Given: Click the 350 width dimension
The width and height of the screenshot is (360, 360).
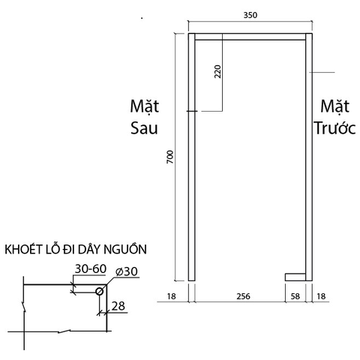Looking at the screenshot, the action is pyautogui.click(x=250, y=15).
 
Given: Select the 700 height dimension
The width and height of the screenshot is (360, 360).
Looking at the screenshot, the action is pyautogui.click(x=170, y=157).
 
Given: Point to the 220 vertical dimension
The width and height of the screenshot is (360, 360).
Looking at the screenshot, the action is pyautogui.click(x=218, y=71).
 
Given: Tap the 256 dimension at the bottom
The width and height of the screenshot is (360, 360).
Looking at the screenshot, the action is pyautogui.click(x=243, y=296).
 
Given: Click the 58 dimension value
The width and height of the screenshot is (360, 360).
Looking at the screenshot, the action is pyautogui.click(x=295, y=296).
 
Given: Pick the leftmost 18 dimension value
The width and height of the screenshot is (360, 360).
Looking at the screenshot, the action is pyautogui.click(x=171, y=296).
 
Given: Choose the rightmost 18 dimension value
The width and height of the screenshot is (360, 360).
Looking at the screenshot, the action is pyautogui.click(x=321, y=296).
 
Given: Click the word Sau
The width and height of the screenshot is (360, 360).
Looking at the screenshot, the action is pyautogui.click(x=144, y=128).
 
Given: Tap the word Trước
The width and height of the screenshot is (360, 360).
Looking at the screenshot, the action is pyautogui.click(x=334, y=128).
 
